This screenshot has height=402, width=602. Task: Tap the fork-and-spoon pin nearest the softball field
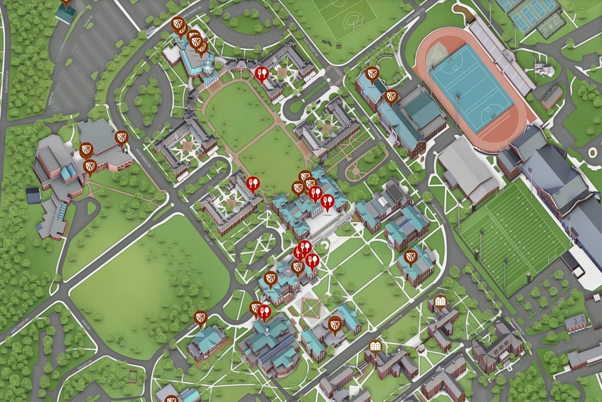pyautogui.click(x=262, y=75)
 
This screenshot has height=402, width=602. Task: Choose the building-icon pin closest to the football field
pyautogui.click(x=439, y=302)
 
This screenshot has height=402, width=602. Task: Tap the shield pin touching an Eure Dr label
pyautogui.click(x=201, y=319)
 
